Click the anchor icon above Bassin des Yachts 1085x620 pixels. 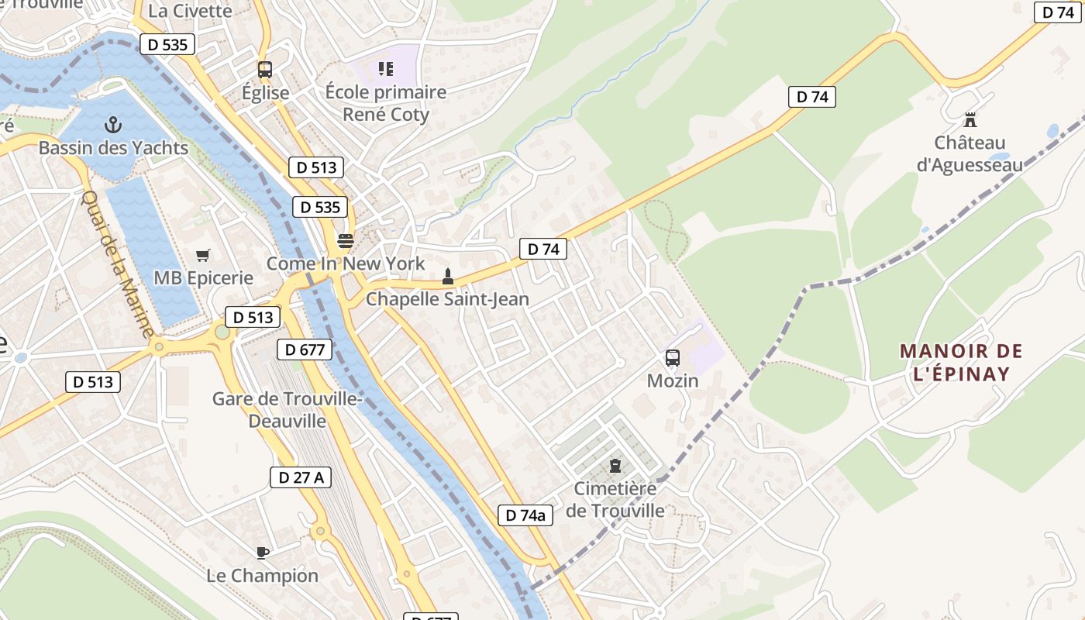coord(113,125)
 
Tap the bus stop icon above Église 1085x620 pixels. coord(265,70)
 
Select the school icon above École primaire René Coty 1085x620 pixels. coord(385,69)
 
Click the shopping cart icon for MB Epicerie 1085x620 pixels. coord(203,255)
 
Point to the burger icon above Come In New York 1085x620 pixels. coord(346,240)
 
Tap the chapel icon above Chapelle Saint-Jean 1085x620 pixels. coord(447,276)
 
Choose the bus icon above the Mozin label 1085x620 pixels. coord(673,358)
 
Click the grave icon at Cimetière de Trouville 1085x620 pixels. coord(615,466)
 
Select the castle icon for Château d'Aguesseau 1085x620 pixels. coord(970,120)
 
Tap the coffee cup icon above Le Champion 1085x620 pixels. coord(263,553)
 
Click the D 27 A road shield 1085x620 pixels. coord(301,477)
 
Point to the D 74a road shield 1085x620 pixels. coord(525,515)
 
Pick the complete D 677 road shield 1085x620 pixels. coord(305,350)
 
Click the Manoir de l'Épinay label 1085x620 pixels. coord(961,363)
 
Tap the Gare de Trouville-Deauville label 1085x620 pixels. coord(288,410)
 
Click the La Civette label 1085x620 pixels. coord(190,11)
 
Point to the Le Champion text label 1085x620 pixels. coord(263,576)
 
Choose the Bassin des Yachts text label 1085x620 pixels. coord(113,147)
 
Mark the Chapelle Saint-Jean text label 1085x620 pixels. coord(447,299)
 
